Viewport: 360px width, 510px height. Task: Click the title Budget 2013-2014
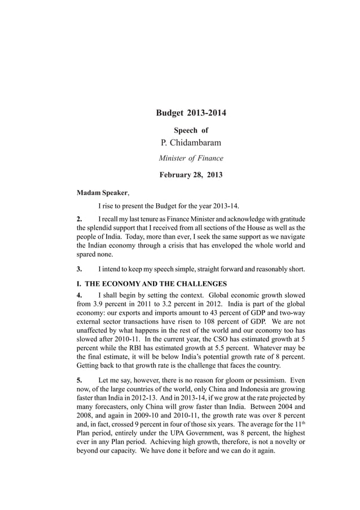click(x=191, y=114)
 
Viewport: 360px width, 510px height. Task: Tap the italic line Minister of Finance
click(x=191, y=158)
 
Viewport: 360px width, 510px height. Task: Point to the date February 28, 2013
click(x=191, y=175)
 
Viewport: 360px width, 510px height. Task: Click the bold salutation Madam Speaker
click(x=101, y=192)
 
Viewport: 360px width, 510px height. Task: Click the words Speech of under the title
click(x=191, y=130)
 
